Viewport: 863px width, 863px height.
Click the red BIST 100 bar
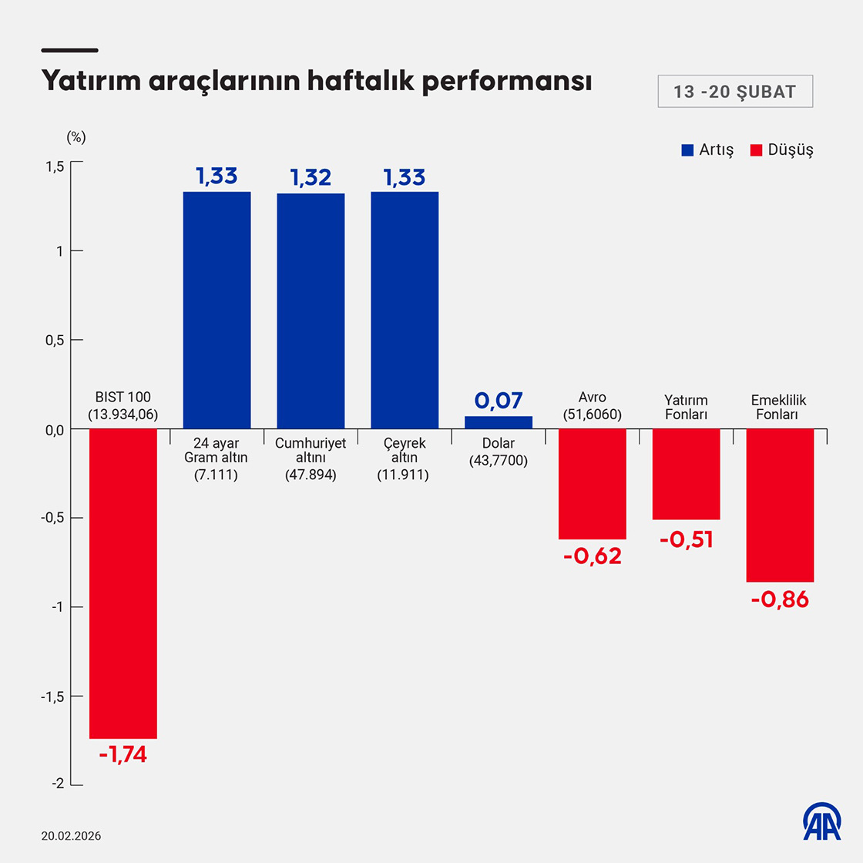(123, 583)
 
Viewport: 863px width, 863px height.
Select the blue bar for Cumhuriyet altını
(311, 311)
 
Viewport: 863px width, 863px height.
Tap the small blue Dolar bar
(499, 422)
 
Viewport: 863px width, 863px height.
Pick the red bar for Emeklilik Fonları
(780, 505)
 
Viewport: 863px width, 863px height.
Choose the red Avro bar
(593, 483)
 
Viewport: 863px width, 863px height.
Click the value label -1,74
(123, 754)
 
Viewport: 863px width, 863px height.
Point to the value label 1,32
(311, 177)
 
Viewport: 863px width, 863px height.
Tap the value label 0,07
(499, 401)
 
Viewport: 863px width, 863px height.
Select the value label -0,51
(687, 539)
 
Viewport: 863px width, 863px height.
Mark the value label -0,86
(780, 599)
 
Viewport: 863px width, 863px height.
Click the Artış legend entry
(707, 150)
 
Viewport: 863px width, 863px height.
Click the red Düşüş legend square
(756, 150)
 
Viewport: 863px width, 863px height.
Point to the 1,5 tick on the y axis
(54, 166)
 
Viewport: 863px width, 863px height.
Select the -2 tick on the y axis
(57, 784)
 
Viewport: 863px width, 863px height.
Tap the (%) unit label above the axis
(76, 137)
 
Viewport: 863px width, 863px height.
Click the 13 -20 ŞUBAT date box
(734, 92)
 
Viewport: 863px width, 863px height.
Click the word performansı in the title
(506, 81)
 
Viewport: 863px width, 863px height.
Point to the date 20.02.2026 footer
(72, 836)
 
